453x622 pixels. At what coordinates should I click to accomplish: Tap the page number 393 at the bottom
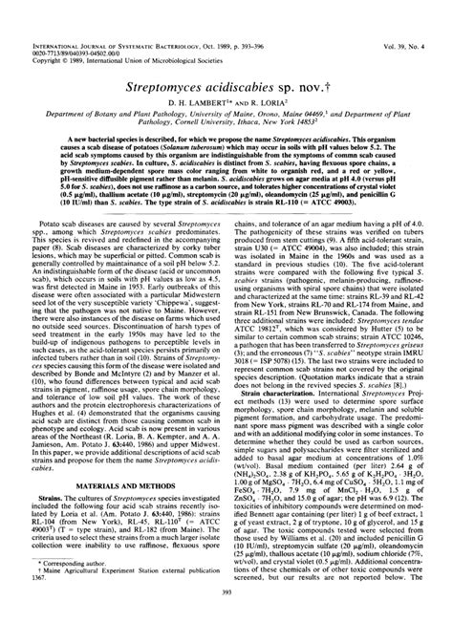point(226,592)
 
